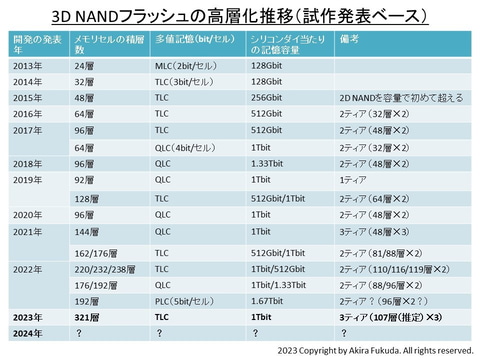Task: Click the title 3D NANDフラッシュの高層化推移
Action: point(240,17)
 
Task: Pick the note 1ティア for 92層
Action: point(354,181)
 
